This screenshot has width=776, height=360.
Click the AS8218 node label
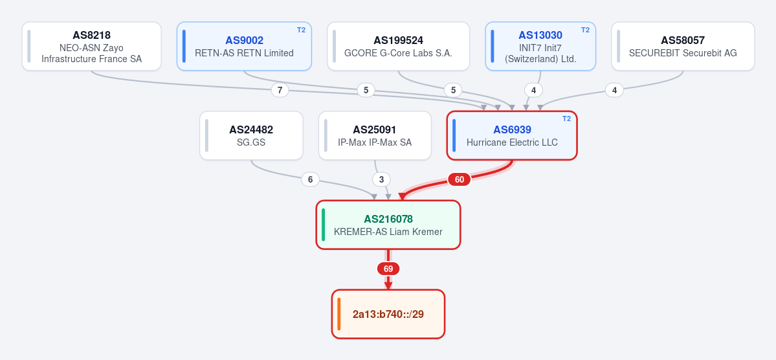point(91,36)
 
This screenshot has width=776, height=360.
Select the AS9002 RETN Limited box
point(244,46)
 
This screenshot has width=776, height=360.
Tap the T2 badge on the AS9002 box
point(301,30)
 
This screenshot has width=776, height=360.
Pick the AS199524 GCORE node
point(399,46)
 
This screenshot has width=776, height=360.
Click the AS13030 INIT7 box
point(540,46)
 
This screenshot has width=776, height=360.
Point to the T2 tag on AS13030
point(585,30)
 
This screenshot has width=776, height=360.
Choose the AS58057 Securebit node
point(683,46)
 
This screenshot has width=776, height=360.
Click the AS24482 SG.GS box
point(251,135)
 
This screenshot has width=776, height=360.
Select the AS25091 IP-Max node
point(375,135)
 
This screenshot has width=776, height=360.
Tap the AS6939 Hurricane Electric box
point(512,135)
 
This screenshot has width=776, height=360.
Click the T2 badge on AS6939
point(567,118)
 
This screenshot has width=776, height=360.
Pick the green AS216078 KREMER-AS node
point(388,224)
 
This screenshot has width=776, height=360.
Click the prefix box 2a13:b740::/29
point(388,314)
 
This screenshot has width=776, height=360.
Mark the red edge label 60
point(460,179)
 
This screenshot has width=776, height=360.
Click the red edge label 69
point(388,269)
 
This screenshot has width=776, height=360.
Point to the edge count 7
point(280,90)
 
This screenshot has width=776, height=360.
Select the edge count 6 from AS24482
point(310,179)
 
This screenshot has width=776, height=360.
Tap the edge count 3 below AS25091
point(381,179)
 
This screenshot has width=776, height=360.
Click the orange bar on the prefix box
point(339,314)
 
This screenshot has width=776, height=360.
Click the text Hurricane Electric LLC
point(512,142)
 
